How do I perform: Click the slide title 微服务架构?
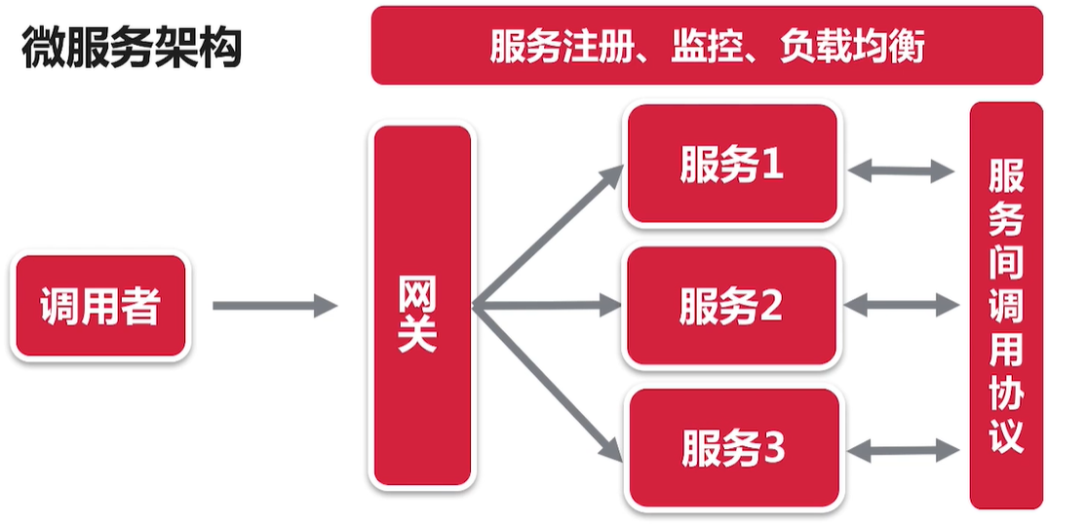pyautogui.click(x=131, y=48)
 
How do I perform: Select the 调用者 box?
pyautogui.click(x=100, y=307)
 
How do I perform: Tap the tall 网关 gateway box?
pyautogui.click(x=422, y=306)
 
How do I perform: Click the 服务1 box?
pyautogui.click(x=732, y=166)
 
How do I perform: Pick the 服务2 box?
pyautogui.click(x=731, y=307)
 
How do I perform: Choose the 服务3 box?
pyautogui.click(x=732, y=449)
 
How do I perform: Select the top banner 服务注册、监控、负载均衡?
pyautogui.click(x=707, y=46)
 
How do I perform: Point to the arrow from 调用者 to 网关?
pyautogui.click(x=274, y=307)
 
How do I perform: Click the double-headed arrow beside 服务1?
pyautogui.click(x=901, y=171)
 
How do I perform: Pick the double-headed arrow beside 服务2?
pyautogui.click(x=901, y=306)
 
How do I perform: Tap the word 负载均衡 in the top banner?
pyautogui.click(x=851, y=46)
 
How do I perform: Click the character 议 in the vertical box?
pyautogui.click(x=1006, y=434)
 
